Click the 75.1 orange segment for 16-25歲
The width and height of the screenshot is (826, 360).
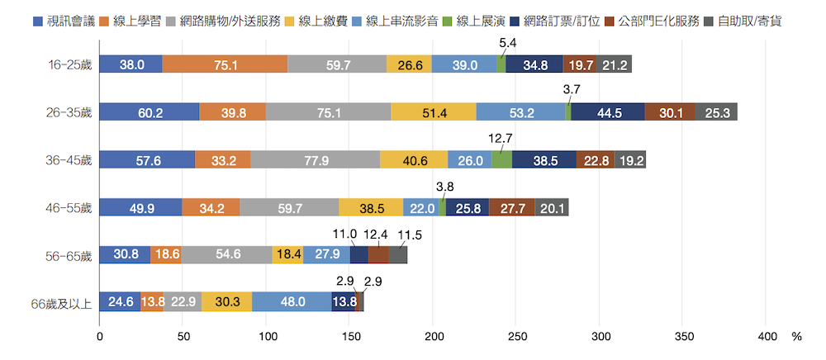point(225,64)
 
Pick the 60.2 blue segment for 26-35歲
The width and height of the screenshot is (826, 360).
point(150,112)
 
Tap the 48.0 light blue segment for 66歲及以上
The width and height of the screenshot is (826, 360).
point(292,302)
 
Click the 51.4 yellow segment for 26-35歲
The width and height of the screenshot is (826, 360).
point(434,112)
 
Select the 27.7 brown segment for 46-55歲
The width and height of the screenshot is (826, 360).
point(512,207)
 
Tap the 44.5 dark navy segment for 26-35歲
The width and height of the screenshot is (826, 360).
point(607,112)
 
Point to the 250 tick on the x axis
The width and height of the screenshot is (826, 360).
point(516,337)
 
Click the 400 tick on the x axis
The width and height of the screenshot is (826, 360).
point(767,337)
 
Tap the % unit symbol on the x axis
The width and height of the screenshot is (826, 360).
point(796,337)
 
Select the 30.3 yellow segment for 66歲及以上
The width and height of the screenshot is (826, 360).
point(227,302)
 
